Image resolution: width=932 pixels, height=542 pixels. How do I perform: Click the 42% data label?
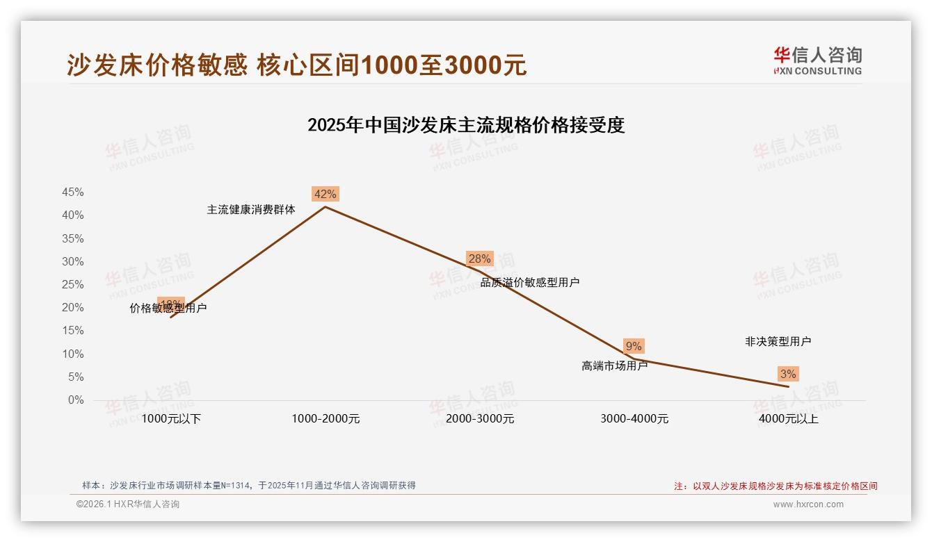pyautogui.click(x=325, y=195)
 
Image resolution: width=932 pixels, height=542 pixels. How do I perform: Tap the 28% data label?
pyautogui.click(x=479, y=259)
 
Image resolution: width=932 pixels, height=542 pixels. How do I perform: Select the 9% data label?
pyautogui.click(x=634, y=346)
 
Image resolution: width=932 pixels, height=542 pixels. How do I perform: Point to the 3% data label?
pyautogui.click(x=787, y=375)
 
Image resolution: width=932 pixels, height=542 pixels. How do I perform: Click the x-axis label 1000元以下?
pyautogui.click(x=171, y=419)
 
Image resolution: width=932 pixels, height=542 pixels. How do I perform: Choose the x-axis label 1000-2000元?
pyautogui.click(x=326, y=419)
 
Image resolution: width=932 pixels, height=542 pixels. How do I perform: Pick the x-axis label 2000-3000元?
pyautogui.click(x=480, y=419)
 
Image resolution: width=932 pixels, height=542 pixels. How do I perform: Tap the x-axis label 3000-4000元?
pyautogui.click(x=634, y=419)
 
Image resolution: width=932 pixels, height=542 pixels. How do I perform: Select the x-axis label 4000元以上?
pyautogui.click(x=789, y=419)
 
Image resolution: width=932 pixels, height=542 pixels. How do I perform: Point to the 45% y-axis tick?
pyautogui.click(x=72, y=192)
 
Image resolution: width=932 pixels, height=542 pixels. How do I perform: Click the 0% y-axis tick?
pyautogui.click(x=76, y=400)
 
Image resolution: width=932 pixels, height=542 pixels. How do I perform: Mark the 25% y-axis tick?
pyautogui.click(x=72, y=285)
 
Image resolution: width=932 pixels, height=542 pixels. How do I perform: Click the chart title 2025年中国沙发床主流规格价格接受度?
pyautogui.click(x=466, y=125)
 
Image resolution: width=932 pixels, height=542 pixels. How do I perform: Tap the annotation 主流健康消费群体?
pyautogui.click(x=251, y=209)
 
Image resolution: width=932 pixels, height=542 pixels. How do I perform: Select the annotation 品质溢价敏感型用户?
pyautogui.click(x=530, y=283)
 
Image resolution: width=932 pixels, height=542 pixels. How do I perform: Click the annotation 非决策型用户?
pyautogui.click(x=778, y=342)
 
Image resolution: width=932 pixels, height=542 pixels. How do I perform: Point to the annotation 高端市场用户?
pyautogui.click(x=614, y=366)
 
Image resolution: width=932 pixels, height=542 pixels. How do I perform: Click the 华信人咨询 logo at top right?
pyautogui.click(x=817, y=60)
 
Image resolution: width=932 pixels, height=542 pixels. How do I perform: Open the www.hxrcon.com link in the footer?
pyautogui.click(x=808, y=504)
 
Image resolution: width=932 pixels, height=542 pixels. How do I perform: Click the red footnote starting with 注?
pyautogui.click(x=776, y=486)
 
